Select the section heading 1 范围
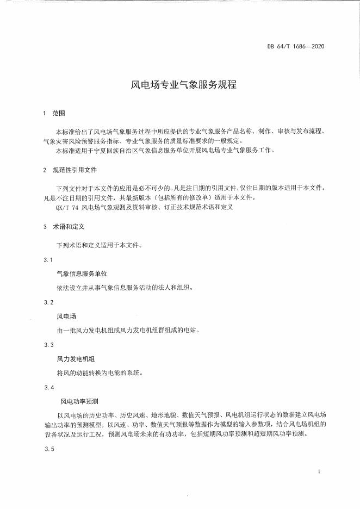click(x=53, y=113)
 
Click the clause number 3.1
click(x=48, y=260)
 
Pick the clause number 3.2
click(x=48, y=302)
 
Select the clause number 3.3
click(x=48, y=345)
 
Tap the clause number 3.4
click(x=48, y=387)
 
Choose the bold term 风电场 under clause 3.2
click(x=66, y=316)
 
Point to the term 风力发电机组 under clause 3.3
click(x=74, y=358)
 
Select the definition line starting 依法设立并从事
click(x=120, y=287)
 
